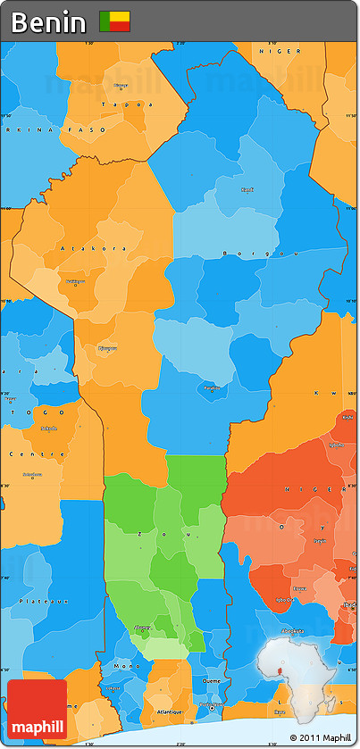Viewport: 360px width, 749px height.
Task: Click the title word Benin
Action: pos(49,21)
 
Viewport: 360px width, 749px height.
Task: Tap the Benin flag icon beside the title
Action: pos(114,21)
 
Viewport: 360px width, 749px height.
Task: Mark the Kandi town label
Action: pos(247,189)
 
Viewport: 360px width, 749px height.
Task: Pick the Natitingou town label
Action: pos(75,281)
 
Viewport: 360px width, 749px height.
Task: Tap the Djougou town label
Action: pos(107,348)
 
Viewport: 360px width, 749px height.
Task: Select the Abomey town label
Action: pos(143,628)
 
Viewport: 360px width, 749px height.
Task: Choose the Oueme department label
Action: pos(213,679)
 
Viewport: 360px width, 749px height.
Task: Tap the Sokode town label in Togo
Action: pos(47,428)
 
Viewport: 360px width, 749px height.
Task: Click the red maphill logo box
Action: pos(37,710)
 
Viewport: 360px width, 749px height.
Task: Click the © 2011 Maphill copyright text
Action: pos(319,737)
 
